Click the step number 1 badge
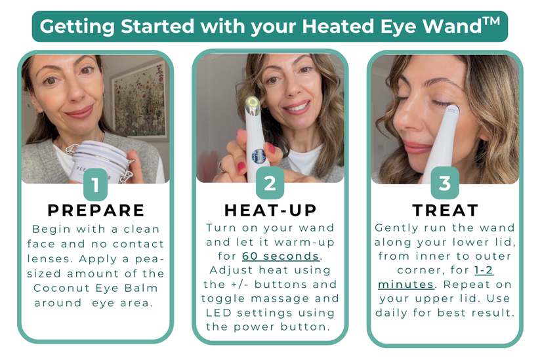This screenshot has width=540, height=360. pos(95,184)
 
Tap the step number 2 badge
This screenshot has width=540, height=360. pos(270,183)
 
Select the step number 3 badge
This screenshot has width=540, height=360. pos(445,183)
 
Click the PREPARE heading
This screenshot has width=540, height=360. pos(96,210)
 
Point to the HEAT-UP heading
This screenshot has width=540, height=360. pos(270,210)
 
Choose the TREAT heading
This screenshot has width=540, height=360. pos(446,210)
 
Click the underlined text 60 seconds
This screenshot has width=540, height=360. pos(281,256)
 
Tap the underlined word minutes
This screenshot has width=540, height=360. pos(405,285)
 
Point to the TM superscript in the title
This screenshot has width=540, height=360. pos(491,21)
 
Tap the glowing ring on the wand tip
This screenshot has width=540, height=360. pos(253,102)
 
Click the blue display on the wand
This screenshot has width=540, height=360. pos(259,156)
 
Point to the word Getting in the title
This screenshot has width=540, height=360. pos(77,26)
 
